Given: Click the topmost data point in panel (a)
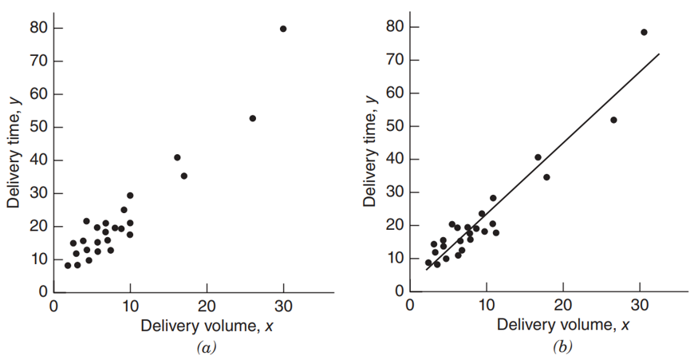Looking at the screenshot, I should (283, 29).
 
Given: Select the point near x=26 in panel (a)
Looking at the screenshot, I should (253, 118).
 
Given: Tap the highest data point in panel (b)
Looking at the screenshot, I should (644, 32).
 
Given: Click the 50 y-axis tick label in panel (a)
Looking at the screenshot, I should (36, 128).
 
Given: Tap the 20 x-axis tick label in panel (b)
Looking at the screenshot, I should (563, 307).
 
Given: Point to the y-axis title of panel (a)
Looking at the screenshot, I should (14, 151).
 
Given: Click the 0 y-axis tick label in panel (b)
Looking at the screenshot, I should (396, 291).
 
